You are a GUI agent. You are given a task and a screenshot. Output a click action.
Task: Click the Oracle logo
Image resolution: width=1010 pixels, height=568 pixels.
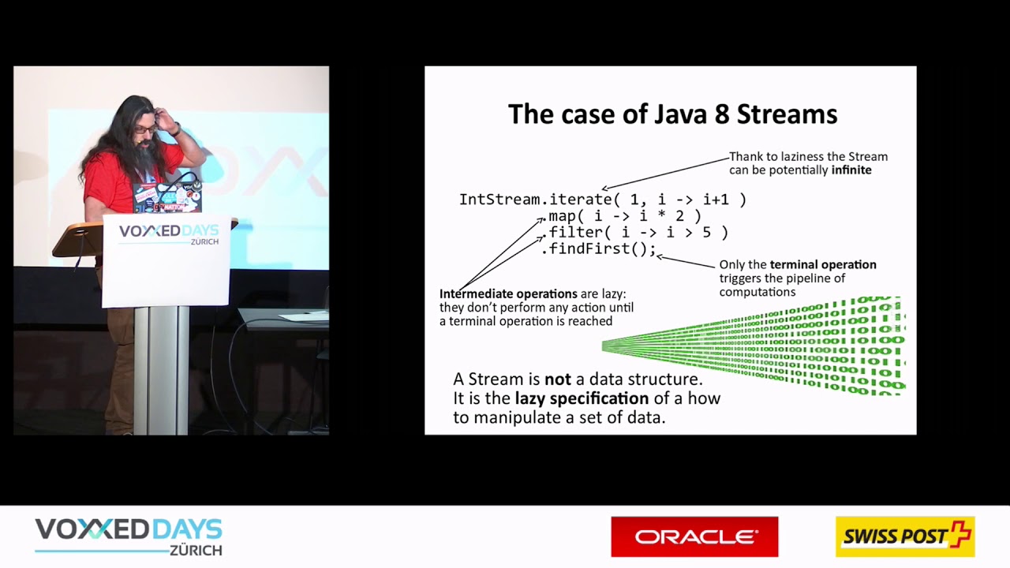pos(694,536)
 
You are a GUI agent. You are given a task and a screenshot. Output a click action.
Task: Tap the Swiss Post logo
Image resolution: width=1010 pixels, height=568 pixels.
pos(905,536)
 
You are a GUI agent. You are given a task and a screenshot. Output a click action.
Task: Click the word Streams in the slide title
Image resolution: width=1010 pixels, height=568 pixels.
pos(787,114)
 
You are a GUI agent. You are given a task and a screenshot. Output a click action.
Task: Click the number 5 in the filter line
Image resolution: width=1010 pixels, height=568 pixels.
pos(706,232)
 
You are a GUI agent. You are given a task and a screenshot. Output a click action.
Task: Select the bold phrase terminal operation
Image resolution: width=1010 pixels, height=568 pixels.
pos(823,264)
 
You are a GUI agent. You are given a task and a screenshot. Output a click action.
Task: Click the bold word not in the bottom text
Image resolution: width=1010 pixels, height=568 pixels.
pos(558,379)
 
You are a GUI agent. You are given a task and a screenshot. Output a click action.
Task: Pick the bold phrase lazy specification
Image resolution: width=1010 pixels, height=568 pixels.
pos(582,398)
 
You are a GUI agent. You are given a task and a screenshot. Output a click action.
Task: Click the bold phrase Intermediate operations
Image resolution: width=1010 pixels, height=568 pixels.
pos(508,294)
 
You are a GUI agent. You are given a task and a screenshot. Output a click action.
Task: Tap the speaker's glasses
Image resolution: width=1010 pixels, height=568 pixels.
pos(145,130)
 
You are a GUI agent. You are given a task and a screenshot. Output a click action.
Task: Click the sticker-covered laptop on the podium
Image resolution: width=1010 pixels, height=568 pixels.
pos(166,197)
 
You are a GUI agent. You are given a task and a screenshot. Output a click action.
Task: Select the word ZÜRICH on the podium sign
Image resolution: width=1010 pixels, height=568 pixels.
pos(204,241)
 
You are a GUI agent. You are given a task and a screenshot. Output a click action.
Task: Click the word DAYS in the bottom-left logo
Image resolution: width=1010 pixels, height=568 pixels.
pos(187,529)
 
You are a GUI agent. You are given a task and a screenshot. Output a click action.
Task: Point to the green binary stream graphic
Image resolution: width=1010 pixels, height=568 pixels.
pos(754,346)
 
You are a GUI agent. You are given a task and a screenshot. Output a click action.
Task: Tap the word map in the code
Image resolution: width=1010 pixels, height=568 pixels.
pos(562,216)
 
